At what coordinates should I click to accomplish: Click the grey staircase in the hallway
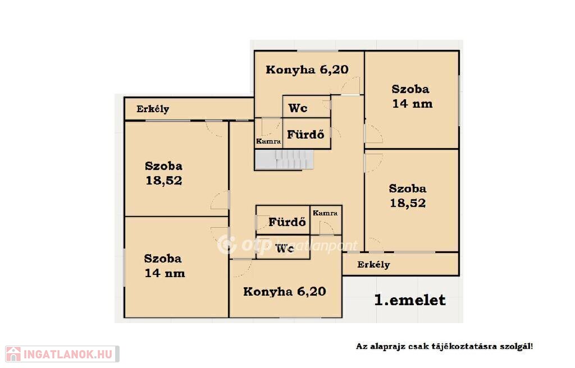[285, 159]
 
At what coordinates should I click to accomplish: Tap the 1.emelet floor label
[409, 300]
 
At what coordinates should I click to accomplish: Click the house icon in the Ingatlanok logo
[13, 354]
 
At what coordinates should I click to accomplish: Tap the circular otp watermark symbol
[227, 245]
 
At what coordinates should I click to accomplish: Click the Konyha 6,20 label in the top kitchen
[307, 70]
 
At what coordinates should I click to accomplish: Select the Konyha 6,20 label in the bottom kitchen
[285, 292]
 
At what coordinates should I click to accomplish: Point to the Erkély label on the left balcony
[153, 109]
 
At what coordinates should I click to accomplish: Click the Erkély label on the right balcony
[373, 265]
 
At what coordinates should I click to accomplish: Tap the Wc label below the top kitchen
[298, 108]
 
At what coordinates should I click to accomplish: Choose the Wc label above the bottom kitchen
[285, 249]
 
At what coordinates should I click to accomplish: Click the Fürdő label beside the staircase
[305, 135]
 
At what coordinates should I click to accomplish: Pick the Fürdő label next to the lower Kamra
[287, 222]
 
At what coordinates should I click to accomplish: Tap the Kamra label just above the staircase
[268, 141]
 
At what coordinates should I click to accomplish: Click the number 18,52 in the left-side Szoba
[164, 181]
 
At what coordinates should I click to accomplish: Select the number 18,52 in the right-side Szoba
[408, 203]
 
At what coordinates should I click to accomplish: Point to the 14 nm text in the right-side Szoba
[413, 104]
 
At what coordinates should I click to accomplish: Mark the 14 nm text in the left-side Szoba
[165, 273]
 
